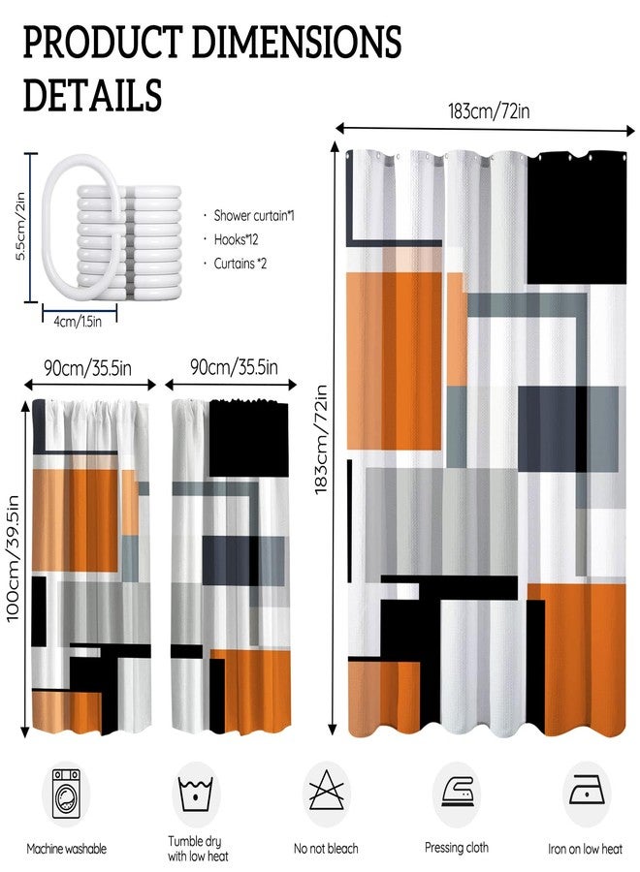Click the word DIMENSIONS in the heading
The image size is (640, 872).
coord(296,43)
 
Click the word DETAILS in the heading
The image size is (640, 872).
coord(92,94)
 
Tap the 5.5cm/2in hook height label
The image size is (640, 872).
coord(20,227)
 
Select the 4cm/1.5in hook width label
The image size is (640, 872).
coord(78,322)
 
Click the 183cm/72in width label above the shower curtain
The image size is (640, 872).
coord(489,111)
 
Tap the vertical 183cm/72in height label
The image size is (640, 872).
coord(321,439)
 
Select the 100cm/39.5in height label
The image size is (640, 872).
coord(13,558)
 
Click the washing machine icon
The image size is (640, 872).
coord(66,794)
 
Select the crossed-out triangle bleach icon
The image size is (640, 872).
coord(326,791)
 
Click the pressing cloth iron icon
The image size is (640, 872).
coord(457,791)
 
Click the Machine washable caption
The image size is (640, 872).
coord(66,849)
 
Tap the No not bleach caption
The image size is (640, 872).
coord(326,849)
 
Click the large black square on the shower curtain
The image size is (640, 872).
coord(577,217)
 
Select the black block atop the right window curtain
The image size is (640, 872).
coord(249,438)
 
